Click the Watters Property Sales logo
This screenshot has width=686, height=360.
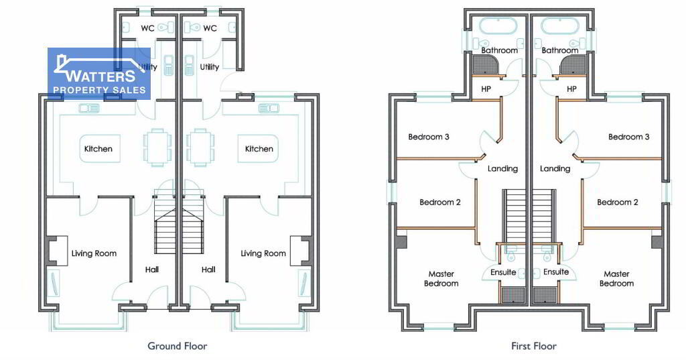(x=99, y=74)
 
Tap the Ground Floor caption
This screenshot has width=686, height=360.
(x=177, y=346)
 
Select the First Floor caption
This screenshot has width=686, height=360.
(x=534, y=346)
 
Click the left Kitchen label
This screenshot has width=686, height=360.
(x=98, y=149)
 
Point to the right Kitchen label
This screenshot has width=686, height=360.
(x=259, y=149)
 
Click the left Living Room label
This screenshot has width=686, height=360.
(x=94, y=253)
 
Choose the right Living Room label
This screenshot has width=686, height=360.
(x=263, y=253)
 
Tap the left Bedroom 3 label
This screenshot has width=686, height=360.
(x=429, y=137)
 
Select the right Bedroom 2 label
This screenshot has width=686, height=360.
(x=617, y=202)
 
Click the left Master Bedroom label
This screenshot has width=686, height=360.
(x=441, y=278)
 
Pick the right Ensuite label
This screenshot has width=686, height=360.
(x=556, y=272)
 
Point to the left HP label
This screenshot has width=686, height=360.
(x=486, y=89)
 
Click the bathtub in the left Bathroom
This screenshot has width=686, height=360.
(x=498, y=26)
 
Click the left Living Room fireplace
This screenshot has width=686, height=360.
(x=57, y=251)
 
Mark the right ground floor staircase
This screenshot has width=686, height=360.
(x=193, y=223)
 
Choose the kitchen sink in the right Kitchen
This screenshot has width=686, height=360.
(x=268, y=108)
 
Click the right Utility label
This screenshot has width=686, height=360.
(x=210, y=67)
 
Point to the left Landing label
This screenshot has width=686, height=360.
(x=502, y=169)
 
